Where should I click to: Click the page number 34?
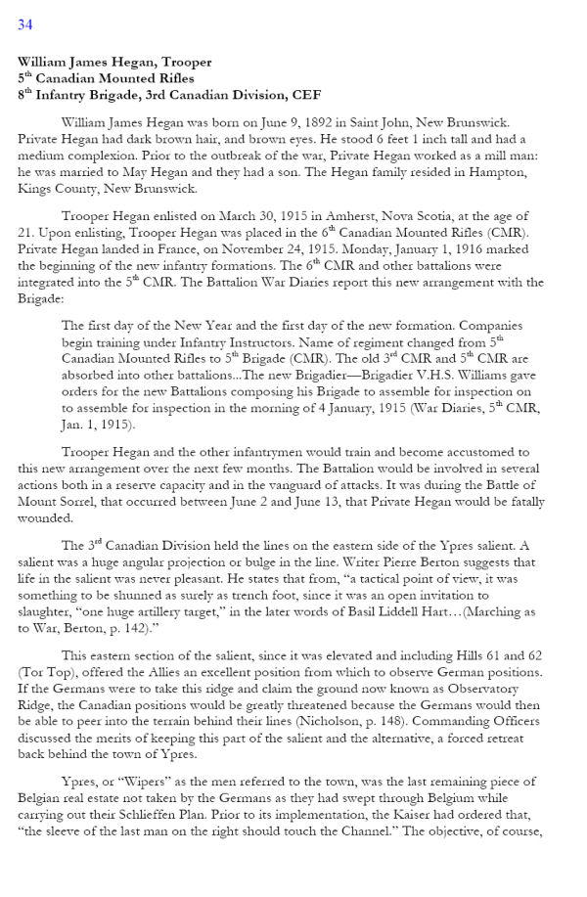(x=24, y=24)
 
